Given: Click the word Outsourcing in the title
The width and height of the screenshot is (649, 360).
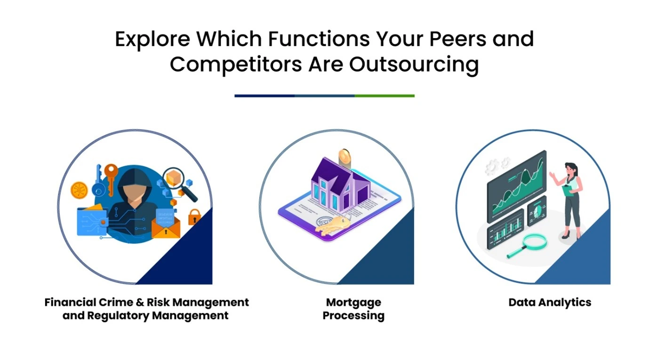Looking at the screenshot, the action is [x=414, y=64].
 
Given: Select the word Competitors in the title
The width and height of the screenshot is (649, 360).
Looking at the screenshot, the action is [x=236, y=64].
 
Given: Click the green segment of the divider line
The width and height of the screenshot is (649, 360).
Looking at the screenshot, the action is [x=385, y=96].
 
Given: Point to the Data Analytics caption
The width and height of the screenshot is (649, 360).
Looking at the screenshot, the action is [x=550, y=303].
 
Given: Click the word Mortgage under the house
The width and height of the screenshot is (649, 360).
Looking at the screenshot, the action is [x=353, y=303].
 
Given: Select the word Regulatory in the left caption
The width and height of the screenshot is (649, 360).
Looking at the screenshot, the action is [x=118, y=315].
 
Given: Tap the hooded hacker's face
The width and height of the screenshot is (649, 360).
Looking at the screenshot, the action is [x=134, y=192].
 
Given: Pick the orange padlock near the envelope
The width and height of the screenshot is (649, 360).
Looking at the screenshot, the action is [x=194, y=217].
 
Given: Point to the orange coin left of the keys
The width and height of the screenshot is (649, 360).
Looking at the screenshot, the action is [x=79, y=190].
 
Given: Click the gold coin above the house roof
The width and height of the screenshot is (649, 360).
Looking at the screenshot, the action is [x=345, y=158].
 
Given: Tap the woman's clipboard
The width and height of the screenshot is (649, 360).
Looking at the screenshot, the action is [x=567, y=190].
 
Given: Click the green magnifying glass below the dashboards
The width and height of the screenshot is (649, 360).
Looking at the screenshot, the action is [x=528, y=245].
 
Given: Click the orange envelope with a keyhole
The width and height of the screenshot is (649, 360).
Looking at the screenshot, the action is [x=166, y=228].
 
